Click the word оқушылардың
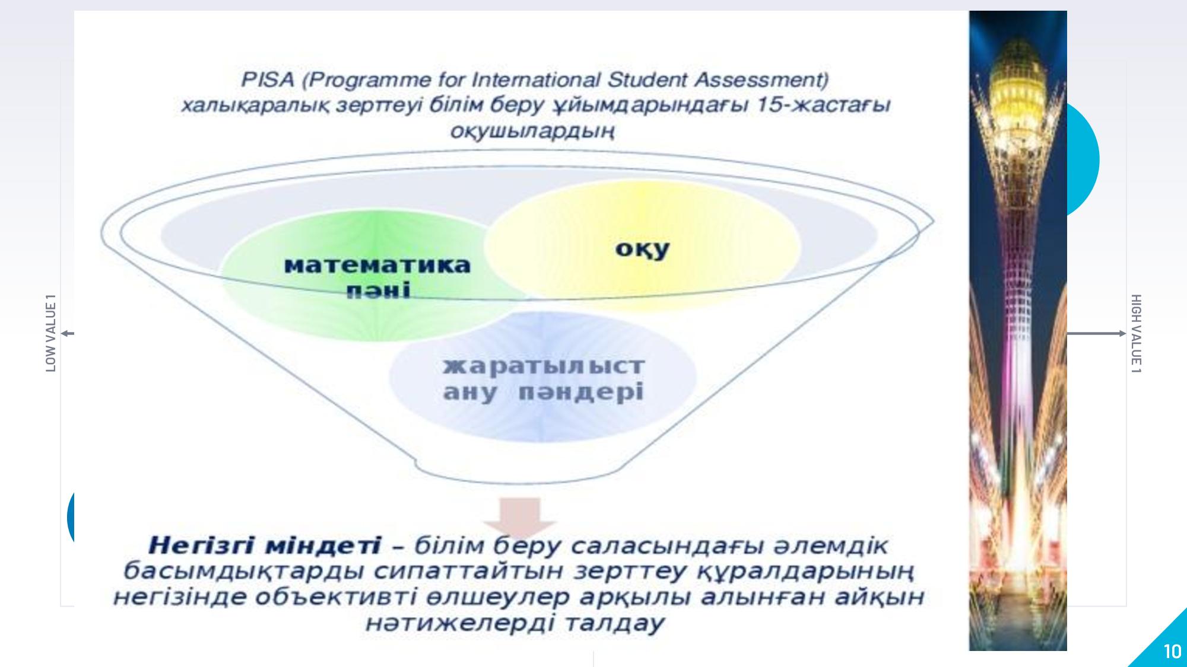pos(532,131)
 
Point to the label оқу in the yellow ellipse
pos(643,250)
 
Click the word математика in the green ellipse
pos(378,265)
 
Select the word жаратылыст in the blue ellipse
pos(544,365)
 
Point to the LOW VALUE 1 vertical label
pos(51,333)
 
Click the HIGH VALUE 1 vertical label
pos(1136,334)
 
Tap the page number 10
pos(1172,652)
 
